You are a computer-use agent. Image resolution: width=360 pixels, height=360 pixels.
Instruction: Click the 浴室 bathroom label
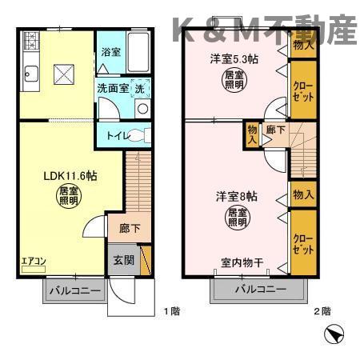[110, 52]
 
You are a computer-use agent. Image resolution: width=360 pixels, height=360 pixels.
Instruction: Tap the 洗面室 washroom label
[113, 89]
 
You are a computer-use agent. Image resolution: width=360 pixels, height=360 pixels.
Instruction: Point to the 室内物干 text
[242, 263]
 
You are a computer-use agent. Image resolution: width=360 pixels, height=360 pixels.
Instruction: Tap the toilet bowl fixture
[140, 134]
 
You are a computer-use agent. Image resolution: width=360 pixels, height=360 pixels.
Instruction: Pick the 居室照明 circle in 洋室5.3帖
[232, 81]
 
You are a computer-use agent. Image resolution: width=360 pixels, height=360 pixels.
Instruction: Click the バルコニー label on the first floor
[73, 289]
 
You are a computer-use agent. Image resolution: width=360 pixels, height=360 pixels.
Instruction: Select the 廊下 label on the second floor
[274, 130]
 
